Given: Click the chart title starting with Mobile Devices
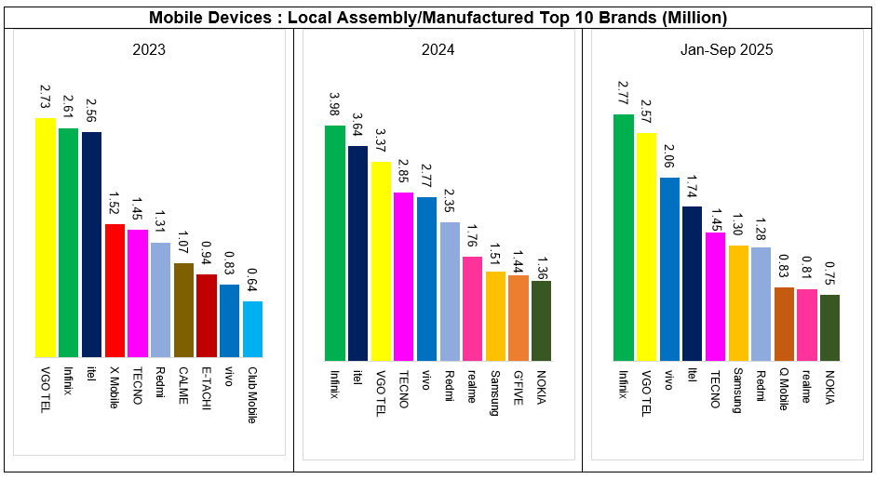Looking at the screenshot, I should (438, 18).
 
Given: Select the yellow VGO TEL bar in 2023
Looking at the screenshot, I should (46, 237).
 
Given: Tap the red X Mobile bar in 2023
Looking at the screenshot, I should (115, 290).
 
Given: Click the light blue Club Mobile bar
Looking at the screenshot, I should (252, 328).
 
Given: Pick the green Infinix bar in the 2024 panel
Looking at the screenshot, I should (334, 243).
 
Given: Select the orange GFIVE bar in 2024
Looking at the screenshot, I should (519, 317).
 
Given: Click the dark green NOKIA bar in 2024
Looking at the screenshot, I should (541, 320).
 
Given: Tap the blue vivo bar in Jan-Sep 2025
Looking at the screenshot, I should (669, 269).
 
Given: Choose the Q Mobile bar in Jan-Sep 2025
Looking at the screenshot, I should (784, 324).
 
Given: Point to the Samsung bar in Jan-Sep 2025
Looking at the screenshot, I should (738, 302).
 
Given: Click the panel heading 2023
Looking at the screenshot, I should (149, 49).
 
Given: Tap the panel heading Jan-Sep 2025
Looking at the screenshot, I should (726, 49).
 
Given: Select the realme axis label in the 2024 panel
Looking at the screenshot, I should (472, 386).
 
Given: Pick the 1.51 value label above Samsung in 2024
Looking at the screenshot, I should (495, 252).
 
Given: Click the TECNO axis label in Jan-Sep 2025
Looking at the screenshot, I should (715, 388).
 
